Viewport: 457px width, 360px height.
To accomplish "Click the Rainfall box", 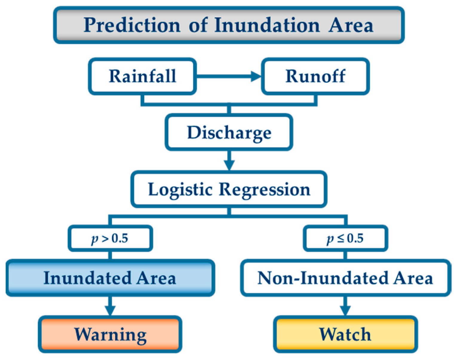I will [142, 76].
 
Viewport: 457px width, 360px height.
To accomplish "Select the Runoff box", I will [315, 76].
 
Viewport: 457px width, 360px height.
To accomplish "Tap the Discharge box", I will [229, 132].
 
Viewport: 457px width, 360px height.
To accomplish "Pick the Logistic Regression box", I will [229, 189].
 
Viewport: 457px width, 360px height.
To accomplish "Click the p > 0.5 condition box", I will [110, 238].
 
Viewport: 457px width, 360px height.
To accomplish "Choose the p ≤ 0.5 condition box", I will [345, 238].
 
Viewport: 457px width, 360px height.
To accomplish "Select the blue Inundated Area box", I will [110, 278].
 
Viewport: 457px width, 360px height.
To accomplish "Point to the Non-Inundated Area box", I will [345, 278].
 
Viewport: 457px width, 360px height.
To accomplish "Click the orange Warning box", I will [110, 334].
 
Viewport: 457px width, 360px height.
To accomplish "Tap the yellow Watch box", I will [345, 334].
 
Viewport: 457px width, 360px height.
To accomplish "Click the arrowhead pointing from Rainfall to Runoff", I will [256, 76].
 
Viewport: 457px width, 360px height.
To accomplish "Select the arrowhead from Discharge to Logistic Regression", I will [229, 165].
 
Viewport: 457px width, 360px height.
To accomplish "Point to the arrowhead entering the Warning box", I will [110, 310].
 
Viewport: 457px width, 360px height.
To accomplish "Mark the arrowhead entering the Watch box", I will [345, 310].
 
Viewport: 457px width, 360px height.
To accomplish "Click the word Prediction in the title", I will [132, 25].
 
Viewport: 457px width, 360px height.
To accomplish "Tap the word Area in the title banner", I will [351, 25].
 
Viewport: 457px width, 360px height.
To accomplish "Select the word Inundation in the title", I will [267, 25].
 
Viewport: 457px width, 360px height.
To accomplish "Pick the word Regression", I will [265, 189].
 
